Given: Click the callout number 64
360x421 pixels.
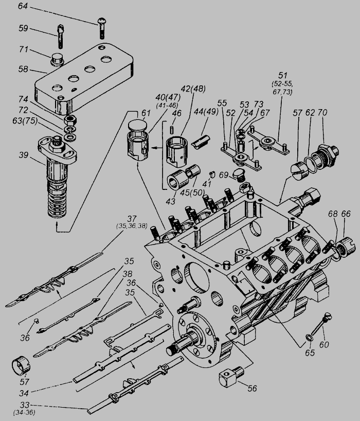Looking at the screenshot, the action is point(23,6).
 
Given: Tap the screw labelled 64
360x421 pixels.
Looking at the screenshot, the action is point(102,28).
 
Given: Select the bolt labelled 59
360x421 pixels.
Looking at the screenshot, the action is point(60,36).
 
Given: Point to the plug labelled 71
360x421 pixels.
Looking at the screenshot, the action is point(57,60).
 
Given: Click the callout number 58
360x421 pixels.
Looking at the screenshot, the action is point(23,69).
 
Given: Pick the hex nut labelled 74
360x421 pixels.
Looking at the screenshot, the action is point(70,119).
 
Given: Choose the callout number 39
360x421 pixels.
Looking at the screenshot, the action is point(24,155).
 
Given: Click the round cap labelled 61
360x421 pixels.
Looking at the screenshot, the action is point(137,125).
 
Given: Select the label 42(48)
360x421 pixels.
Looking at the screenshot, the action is point(193,89).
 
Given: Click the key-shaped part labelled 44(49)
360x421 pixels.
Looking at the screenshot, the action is point(201,141).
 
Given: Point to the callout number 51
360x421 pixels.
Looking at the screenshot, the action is point(283,76).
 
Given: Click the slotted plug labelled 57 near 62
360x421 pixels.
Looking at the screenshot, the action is point(299,171).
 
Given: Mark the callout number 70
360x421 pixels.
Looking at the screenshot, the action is point(322,113).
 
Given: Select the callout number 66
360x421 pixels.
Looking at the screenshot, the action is point(346,214).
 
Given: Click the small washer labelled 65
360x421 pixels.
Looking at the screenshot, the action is point(309,338).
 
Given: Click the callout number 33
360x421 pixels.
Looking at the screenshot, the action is point(24,405).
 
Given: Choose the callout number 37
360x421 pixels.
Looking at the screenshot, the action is point(132,219).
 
